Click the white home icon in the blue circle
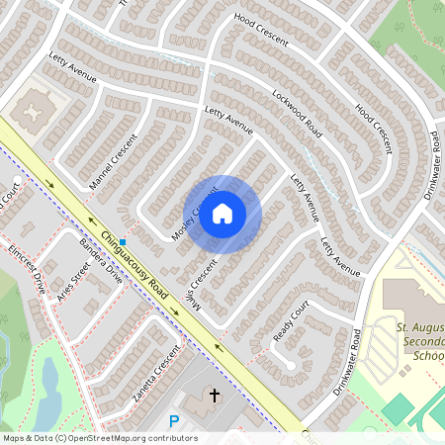tap(222, 214)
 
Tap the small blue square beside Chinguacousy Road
tap(124, 228)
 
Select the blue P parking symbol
tap(174, 421)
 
